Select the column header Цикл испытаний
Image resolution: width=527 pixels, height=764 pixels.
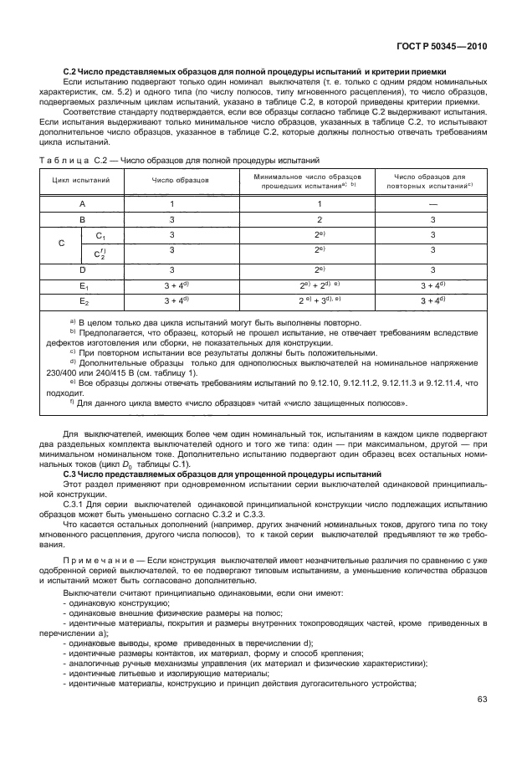[81, 180]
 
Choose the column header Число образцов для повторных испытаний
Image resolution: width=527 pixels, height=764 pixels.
[429, 180]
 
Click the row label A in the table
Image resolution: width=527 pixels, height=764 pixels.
[81, 203]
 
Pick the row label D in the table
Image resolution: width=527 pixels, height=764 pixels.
[81, 269]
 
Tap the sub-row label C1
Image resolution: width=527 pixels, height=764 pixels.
[100, 236]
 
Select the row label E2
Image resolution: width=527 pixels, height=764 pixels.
[83, 300]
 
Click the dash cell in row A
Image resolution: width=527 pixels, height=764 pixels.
[432, 203]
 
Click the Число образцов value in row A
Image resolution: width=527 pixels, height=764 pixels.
[171, 203]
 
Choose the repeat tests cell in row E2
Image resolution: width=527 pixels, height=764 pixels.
[432, 300]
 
